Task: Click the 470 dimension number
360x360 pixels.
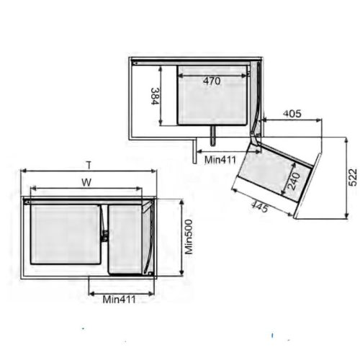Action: [211, 81]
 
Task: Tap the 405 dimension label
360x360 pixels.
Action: [292, 113]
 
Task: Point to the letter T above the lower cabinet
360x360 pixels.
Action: [88, 164]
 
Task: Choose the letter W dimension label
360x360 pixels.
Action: [86, 182]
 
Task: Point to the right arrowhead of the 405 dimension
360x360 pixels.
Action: [320, 120]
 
